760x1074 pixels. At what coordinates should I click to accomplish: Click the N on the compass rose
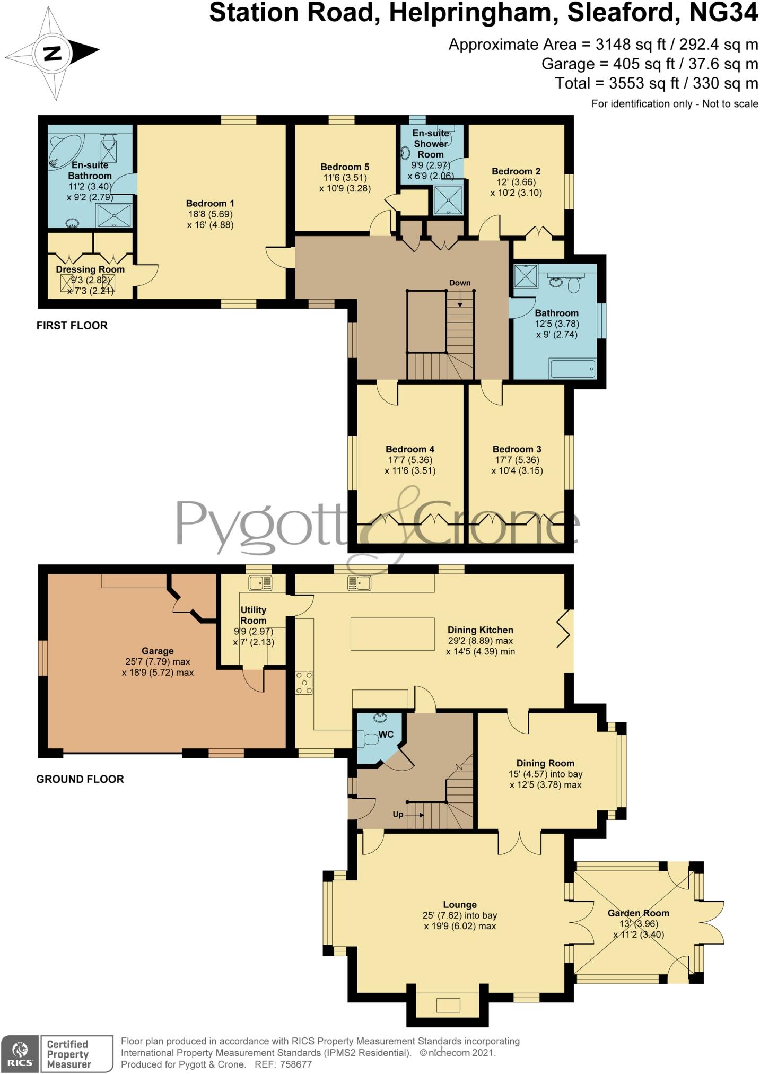(52, 54)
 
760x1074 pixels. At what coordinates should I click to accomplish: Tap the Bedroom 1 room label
(210, 204)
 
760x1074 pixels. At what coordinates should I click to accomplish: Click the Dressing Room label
(90, 269)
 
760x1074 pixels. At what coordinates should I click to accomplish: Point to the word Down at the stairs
(459, 283)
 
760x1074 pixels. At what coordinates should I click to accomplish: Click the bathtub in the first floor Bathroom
(572, 369)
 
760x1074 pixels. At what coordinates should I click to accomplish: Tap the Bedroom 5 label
(345, 167)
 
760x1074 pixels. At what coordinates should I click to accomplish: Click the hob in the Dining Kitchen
(304, 683)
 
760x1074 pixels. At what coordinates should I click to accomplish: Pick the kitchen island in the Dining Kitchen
(392, 634)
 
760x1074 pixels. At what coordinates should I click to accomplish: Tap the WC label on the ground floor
(386, 735)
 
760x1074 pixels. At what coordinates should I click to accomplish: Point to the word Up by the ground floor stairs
(398, 815)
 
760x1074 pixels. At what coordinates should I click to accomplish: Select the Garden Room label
(638, 913)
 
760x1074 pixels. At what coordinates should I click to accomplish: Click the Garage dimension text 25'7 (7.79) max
(158, 662)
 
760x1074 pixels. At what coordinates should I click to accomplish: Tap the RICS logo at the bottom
(20, 1054)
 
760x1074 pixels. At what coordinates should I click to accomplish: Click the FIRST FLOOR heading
(72, 326)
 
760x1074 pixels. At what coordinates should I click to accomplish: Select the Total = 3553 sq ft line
(656, 83)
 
